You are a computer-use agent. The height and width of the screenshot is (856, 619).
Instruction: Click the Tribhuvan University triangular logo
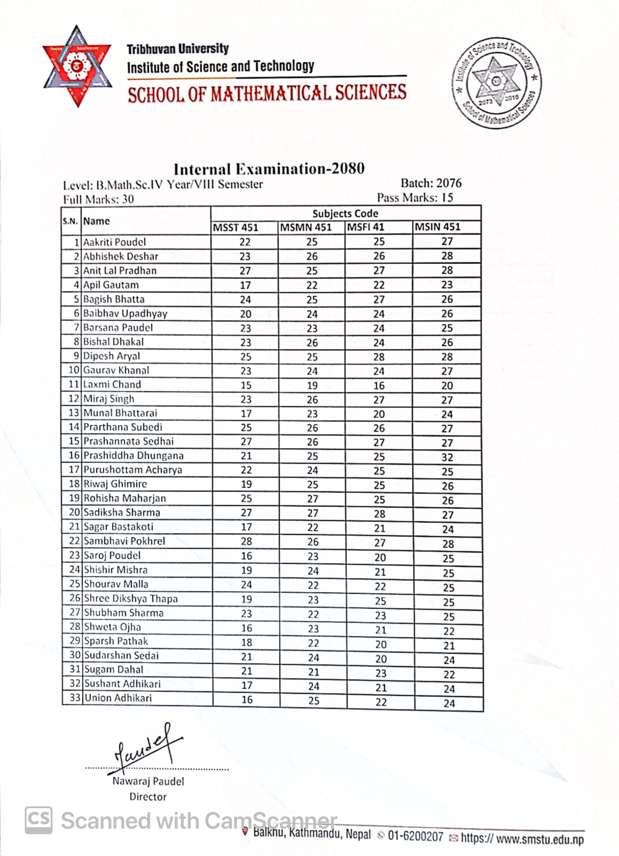pyautogui.click(x=77, y=67)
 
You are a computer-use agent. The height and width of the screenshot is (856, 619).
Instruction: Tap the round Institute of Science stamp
pyautogui.click(x=497, y=83)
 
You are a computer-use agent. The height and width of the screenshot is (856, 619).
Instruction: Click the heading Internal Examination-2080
pyautogui.click(x=269, y=169)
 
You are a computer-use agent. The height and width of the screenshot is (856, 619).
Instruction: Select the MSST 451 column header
pyautogui.click(x=235, y=228)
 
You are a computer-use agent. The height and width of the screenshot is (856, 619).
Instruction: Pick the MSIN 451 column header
pyautogui.click(x=437, y=227)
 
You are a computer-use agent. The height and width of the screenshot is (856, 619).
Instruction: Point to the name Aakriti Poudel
pyautogui.click(x=114, y=242)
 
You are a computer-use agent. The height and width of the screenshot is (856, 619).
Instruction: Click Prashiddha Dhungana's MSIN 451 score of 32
pyautogui.click(x=447, y=457)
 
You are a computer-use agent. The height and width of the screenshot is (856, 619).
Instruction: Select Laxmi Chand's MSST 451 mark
pyautogui.click(x=246, y=385)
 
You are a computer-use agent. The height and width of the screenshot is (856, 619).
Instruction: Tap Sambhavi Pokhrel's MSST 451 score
pyautogui.click(x=246, y=541)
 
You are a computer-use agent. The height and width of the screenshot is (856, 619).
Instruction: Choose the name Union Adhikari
pyautogui.click(x=118, y=698)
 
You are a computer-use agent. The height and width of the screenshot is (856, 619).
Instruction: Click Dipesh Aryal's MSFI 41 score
pyautogui.click(x=379, y=357)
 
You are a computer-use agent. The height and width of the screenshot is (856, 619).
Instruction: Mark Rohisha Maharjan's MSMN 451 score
pyautogui.click(x=312, y=499)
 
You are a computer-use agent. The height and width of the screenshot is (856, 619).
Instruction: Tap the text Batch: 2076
pyautogui.click(x=431, y=183)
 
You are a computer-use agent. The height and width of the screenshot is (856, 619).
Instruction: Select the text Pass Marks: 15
pyautogui.click(x=415, y=197)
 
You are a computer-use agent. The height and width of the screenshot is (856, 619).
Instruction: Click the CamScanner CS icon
pyautogui.click(x=39, y=820)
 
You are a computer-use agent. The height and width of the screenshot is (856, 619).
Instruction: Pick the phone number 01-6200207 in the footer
pyautogui.click(x=415, y=837)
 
